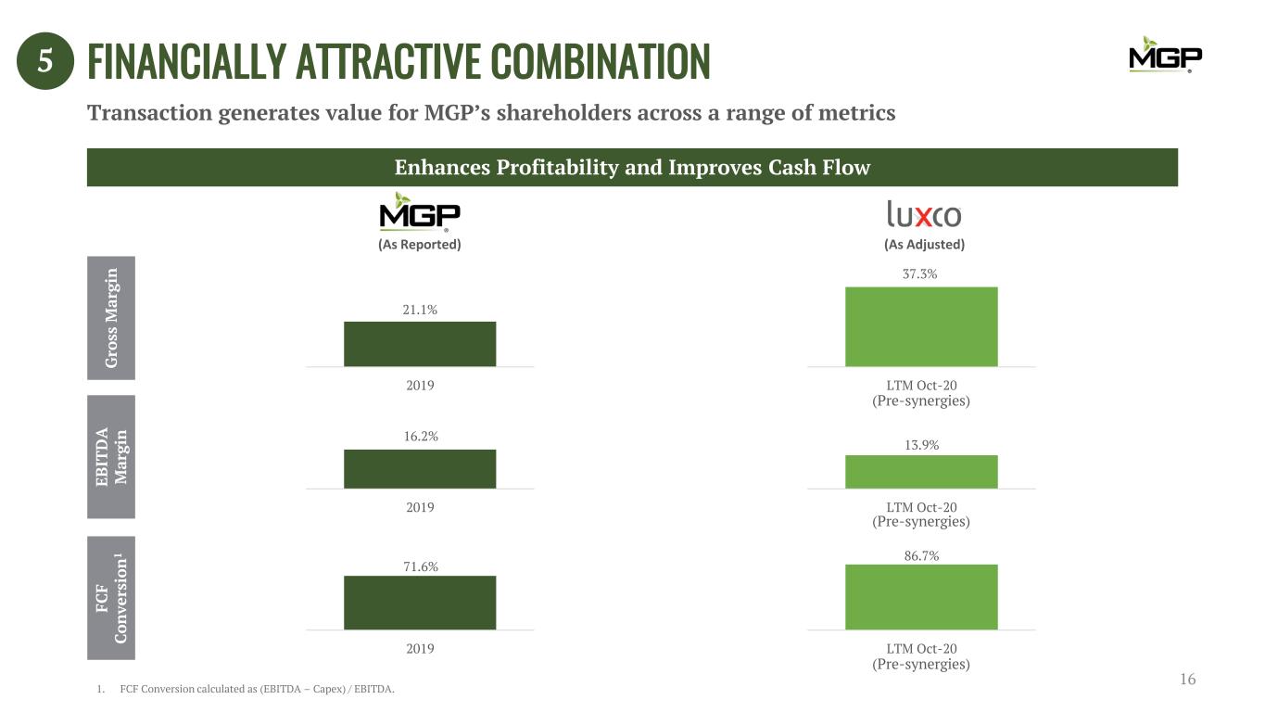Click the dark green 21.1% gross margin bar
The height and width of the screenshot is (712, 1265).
pos(420,344)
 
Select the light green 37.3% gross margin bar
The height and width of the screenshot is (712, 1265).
pos(921,326)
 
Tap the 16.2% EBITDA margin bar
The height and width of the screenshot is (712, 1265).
pos(420,468)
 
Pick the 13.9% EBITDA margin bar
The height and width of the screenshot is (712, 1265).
pos(921,471)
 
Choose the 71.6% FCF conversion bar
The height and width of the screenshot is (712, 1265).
pos(420,603)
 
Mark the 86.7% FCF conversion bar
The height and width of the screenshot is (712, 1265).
pos(921,596)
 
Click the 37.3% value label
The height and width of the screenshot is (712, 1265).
pos(921,274)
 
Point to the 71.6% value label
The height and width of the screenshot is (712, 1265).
pos(420,566)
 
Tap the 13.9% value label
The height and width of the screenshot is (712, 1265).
pos(921,445)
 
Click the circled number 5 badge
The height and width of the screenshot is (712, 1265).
pos(44,62)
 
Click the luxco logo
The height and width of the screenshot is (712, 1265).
pos(923,215)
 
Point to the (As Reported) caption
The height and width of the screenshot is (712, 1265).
pos(420,245)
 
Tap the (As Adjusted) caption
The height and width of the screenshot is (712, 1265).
pos(923,245)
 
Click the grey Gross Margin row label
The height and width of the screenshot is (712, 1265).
pos(111,317)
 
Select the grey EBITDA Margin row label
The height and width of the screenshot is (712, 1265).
pos(111,456)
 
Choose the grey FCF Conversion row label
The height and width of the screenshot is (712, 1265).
pos(111,597)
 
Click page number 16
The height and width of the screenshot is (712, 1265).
pos(1188,680)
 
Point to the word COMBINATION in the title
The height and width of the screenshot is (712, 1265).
pos(600,61)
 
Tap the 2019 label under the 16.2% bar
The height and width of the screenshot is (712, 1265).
pos(420,507)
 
